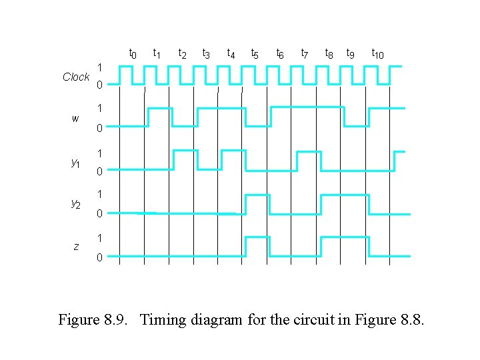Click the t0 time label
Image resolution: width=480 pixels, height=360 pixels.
pyautogui.click(x=133, y=53)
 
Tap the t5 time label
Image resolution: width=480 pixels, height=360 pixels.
pyautogui.click(x=255, y=53)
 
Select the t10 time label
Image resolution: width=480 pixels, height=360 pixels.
pyautogui.click(x=377, y=53)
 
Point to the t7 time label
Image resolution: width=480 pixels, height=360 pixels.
pyautogui.click(x=304, y=53)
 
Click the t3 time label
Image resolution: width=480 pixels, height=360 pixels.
pyautogui.click(x=206, y=53)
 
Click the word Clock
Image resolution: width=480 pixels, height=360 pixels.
pyautogui.click(x=76, y=77)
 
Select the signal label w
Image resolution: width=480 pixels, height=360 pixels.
pyautogui.click(x=75, y=119)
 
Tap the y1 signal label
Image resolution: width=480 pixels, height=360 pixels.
pyautogui.click(x=75, y=162)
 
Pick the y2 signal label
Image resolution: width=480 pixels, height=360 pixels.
pyautogui.click(x=75, y=205)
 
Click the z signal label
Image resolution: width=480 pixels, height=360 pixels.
pyautogui.click(x=76, y=247)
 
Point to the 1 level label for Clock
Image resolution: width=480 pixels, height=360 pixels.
pyautogui.click(x=99, y=67)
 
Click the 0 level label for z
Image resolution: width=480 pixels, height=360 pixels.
pyautogui.click(x=99, y=257)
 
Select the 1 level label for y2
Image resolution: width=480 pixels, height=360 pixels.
pyautogui.click(x=99, y=195)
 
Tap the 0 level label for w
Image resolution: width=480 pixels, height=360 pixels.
pyautogui.click(x=99, y=128)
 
